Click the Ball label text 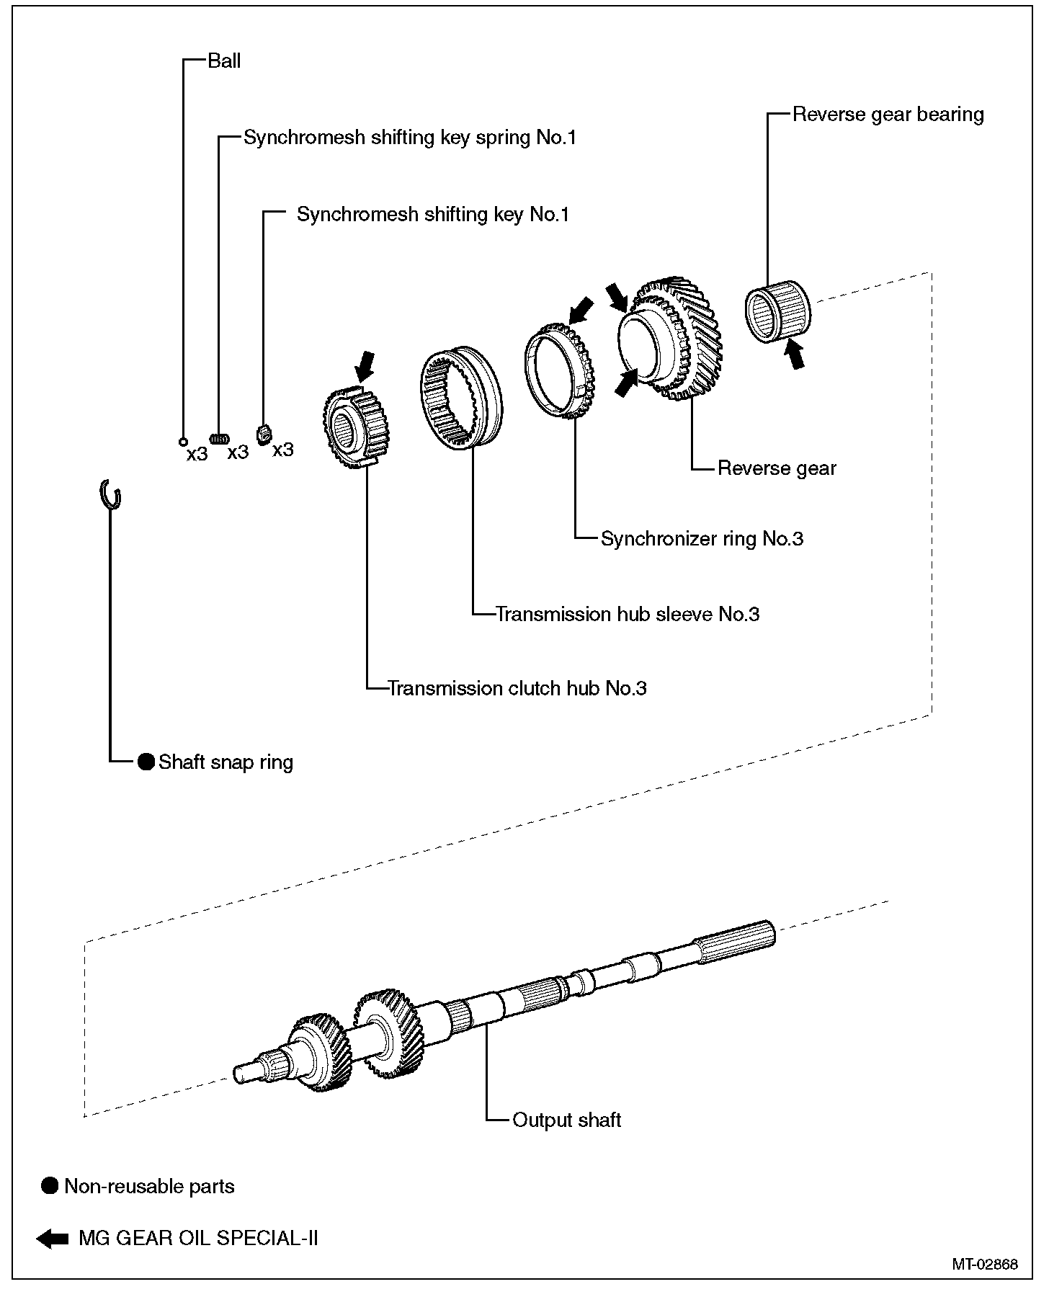coord(224,61)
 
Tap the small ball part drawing coord(183,442)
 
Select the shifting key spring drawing coord(220,438)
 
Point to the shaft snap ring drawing coord(110,494)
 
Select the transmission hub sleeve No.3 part coord(461,400)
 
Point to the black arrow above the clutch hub coord(365,365)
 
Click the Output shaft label coord(566,1120)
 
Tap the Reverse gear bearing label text coord(888,115)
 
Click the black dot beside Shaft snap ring coord(146,762)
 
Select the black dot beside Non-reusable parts coord(49,1186)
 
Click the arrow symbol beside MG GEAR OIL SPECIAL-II coord(52,1239)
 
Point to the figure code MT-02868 coord(984,1264)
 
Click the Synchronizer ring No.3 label coord(702,539)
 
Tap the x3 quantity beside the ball coord(197,455)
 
